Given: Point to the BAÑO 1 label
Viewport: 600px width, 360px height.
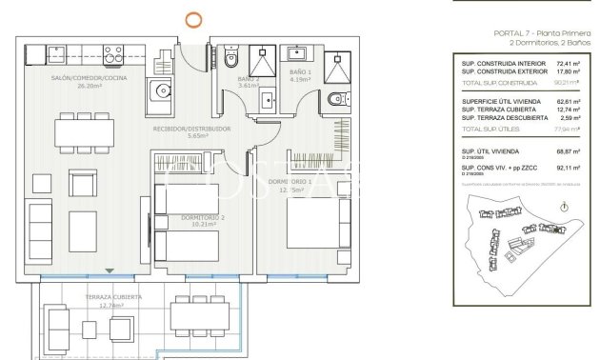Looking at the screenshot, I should (299, 74).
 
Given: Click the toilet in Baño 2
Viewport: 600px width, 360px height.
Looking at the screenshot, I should (231, 59).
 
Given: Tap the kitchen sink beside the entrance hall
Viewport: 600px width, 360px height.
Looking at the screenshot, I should (160, 93).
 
